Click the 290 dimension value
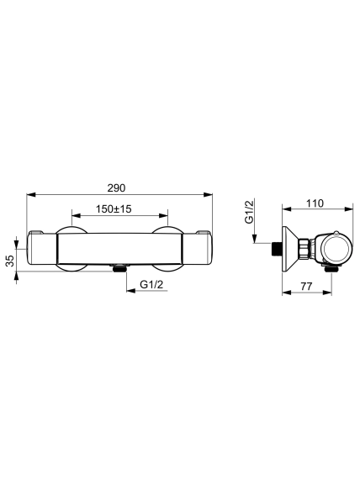click(x=116, y=188)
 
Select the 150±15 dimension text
click(x=114, y=209)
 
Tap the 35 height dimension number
click(x=10, y=261)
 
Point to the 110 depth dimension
click(x=315, y=203)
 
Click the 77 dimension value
click(x=306, y=286)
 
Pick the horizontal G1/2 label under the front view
click(x=151, y=284)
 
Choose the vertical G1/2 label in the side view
click(x=250, y=212)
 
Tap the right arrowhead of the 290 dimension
click(x=208, y=194)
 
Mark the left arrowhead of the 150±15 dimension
click(x=76, y=215)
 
